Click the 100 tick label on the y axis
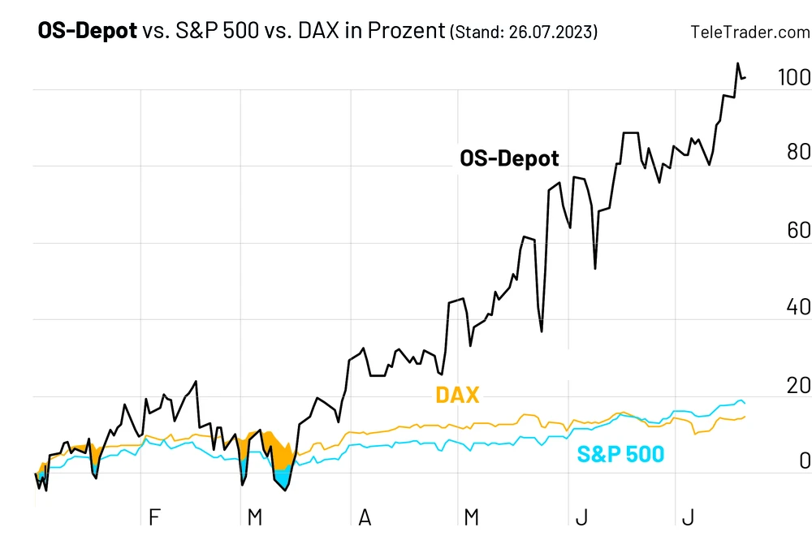click(793, 78)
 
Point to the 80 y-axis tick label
click(799, 153)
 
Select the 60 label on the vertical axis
click(799, 231)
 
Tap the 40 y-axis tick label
click(799, 307)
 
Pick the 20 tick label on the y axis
click(799, 384)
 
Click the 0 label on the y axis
click(805, 461)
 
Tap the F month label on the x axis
click(154, 517)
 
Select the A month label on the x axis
click(365, 517)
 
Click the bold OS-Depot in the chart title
click(88, 32)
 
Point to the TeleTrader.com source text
click(749, 32)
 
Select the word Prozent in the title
click(406, 32)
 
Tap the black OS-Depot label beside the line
click(509, 158)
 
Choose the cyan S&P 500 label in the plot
click(620, 455)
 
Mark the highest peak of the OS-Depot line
click(737, 63)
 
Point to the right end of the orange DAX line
click(745, 417)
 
